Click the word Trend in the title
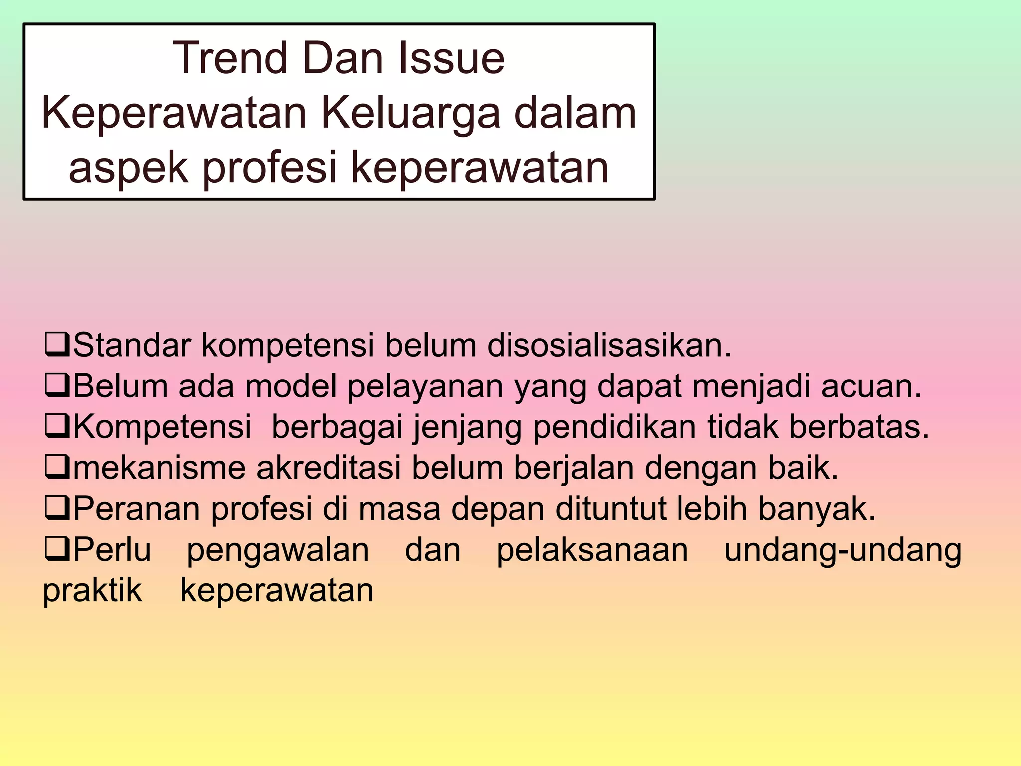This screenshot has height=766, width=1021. point(230,59)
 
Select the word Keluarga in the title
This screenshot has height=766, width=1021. point(410,114)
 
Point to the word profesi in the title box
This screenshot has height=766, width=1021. point(270,168)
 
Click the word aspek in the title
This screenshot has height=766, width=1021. point(128,168)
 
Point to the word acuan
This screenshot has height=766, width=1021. point(871,386)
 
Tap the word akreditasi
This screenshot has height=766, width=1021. point(329,468)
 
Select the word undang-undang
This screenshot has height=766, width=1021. point(843,551)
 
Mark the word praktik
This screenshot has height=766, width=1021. point(93,591)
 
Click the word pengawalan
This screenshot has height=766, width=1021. point(278,551)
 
